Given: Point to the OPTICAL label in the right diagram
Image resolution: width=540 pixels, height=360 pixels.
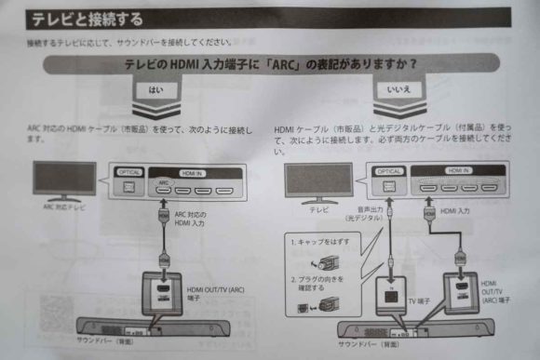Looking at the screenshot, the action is click(x=390, y=171).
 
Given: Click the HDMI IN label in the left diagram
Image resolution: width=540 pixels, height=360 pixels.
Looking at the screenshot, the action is click(x=192, y=172).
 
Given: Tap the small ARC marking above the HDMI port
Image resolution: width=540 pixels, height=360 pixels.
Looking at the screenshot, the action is click(x=163, y=183).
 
